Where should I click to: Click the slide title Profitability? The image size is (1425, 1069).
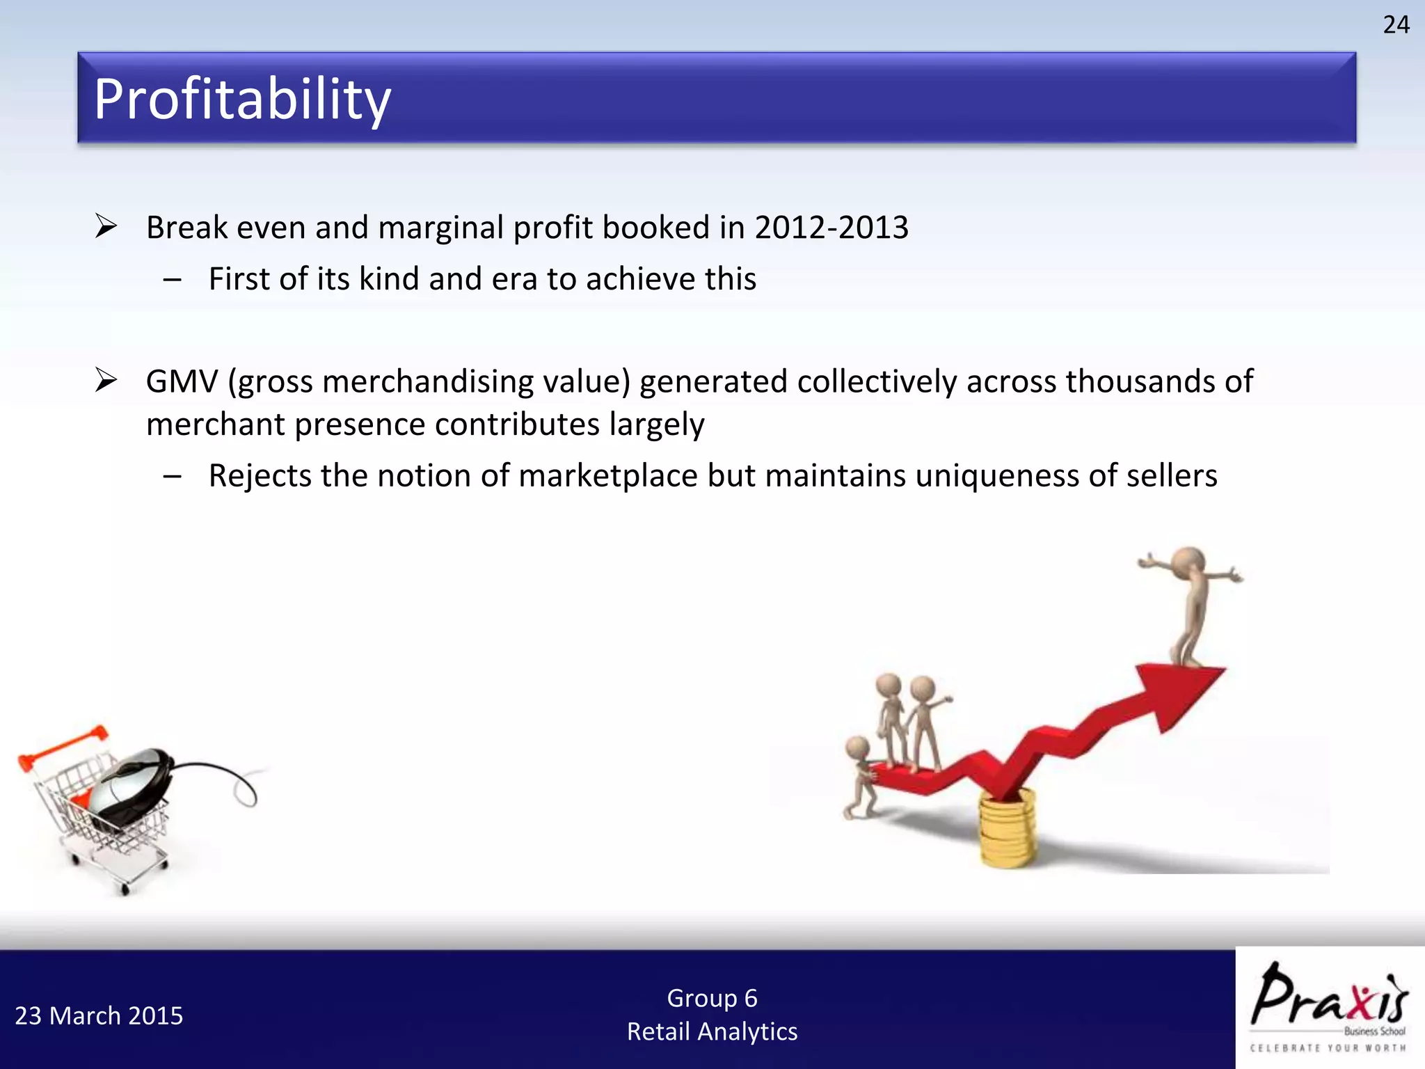(x=242, y=100)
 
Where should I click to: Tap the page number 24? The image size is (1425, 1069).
(x=1396, y=25)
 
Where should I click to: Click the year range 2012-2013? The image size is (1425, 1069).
(x=831, y=228)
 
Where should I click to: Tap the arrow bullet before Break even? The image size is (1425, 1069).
(x=106, y=226)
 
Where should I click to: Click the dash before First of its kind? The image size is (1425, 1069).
(x=172, y=280)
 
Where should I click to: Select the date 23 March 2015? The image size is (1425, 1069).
(x=99, y=1016)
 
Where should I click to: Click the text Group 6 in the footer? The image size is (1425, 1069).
(x=712, y=998)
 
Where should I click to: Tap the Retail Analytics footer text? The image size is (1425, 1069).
(x=712, y=1031)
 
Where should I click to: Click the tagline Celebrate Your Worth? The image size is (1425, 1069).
(x=1328, y=1048)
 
